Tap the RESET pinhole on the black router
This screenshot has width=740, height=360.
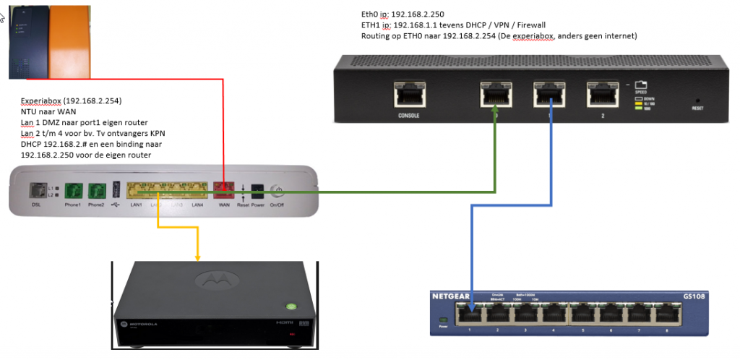click(697, 100)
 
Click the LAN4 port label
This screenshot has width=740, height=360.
click(197, 205)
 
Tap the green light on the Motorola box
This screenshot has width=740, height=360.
click(291, 305)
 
